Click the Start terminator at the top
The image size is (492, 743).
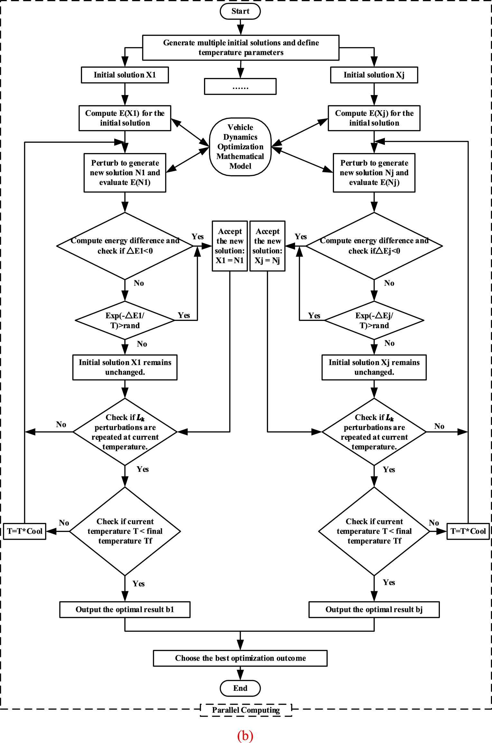(240, 11)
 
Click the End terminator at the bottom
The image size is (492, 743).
(240, 688)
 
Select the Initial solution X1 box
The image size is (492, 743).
(125, 75)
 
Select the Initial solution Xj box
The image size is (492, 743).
(374, 75)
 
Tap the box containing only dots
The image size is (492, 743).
(240, 86)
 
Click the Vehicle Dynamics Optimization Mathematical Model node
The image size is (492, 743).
(240, 147)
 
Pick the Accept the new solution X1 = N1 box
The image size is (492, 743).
(230, 246)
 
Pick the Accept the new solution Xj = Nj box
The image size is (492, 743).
(267, 246)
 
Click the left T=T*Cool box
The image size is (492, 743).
(25, 531)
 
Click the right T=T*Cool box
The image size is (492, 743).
(468, 531)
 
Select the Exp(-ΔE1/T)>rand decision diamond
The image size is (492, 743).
(125, 320)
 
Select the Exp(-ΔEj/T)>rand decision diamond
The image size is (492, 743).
(374, 320)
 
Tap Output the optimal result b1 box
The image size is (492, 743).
(125, 609)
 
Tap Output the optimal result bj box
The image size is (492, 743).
(374, 609)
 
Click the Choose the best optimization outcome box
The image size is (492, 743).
(240, 658)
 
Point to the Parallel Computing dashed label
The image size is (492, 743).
(246, 710)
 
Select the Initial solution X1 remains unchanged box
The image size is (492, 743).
(125, 367)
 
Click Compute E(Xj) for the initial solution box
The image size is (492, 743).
(374, 118)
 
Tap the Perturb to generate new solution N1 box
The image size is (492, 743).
(125, 173)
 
